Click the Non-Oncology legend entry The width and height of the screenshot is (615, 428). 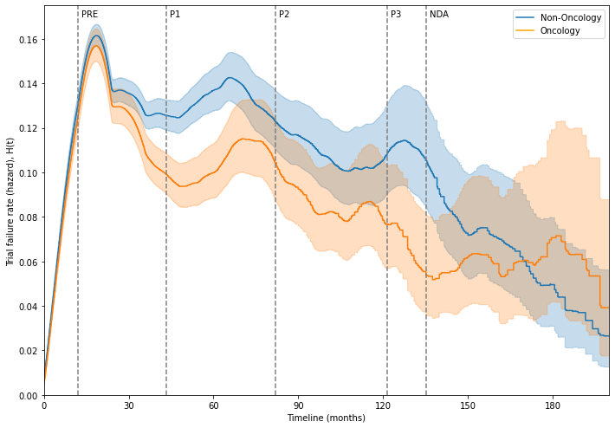click(564, 17)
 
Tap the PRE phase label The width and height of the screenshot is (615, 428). click(90, 15)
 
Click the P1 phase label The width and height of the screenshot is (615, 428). click(175, 15)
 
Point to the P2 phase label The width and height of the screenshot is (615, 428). click(284, 15)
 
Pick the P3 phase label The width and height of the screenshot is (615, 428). click(396, 15)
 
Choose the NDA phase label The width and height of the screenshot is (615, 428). click(439, 15)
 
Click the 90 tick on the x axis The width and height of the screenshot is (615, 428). click(298, 405)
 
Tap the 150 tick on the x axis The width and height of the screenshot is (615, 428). click(468, 405)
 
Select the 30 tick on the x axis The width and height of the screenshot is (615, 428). click(128, 405)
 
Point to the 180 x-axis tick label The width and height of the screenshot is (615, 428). click(553, 405)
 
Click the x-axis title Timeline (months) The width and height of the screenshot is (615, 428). click(326, 418)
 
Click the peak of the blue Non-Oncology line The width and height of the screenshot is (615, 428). click(95, 36)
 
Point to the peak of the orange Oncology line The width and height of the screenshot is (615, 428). click(95, 46)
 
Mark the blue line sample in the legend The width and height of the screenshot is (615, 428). click(524, 17)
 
